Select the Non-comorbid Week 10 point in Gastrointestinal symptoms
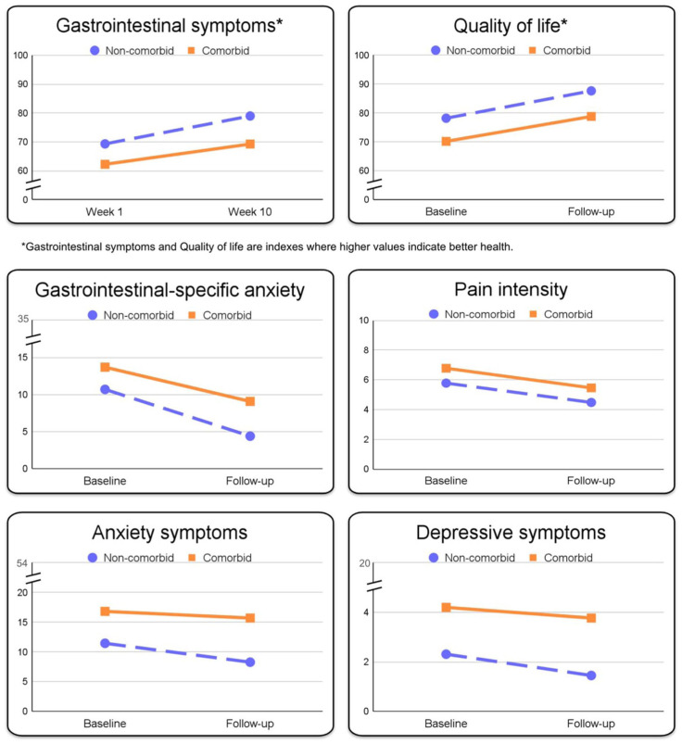250,116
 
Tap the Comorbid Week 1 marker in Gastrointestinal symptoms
105,164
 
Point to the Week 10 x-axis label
249,211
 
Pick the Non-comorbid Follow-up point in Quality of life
591,91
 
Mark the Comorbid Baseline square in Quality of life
446,141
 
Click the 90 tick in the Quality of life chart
364,84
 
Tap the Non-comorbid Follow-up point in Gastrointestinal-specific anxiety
250,435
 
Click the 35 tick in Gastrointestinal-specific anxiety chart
22,320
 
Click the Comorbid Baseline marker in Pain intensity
446,368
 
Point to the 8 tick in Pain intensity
366,350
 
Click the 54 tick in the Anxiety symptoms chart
22,563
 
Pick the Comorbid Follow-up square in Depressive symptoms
591,618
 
